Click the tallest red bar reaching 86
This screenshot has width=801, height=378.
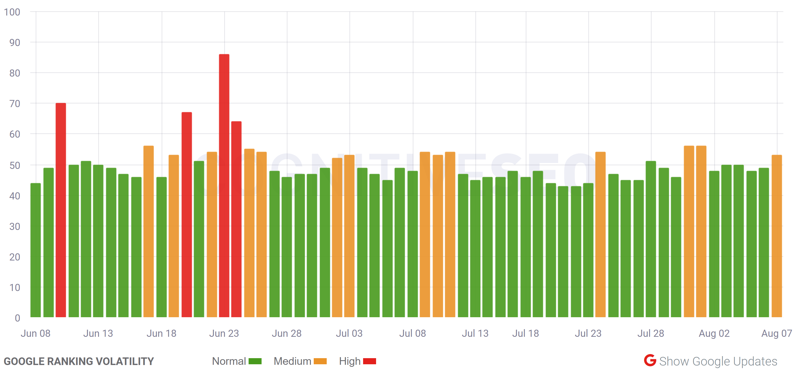[x=224, y=186]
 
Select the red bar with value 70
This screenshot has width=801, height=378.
[x=61, y=211]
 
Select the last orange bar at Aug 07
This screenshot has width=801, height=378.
[x=776, y=236]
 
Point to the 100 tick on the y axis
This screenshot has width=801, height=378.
[x=12, y=12]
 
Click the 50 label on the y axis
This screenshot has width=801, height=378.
[x=15, y=165]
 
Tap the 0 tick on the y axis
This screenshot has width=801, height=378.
[x=17, y=318]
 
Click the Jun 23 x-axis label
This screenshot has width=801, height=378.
[x=224, y=333]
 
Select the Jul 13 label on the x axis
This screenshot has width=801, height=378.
[x=475, y=333]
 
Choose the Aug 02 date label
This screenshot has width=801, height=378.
[x=714, y=333]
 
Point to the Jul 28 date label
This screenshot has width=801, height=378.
[x=651, y=333]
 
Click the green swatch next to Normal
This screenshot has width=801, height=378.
[x=255, y=361]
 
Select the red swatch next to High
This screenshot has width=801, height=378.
[x=369, y=361]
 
